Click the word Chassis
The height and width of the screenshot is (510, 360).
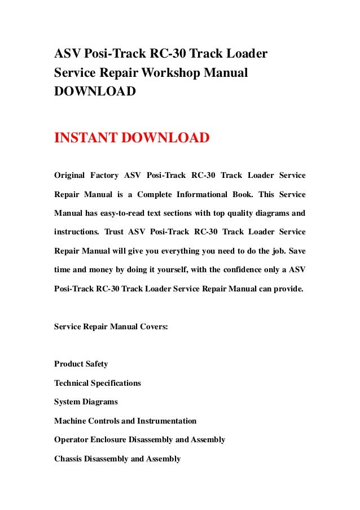pyautogui.click(x=68, y=459)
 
